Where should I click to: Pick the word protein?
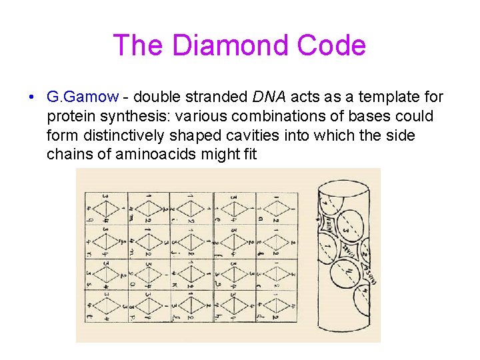click(x=72, y=117)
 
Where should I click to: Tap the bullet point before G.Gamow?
click(x=32, y=98)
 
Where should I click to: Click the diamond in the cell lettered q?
click(x=105, y=209)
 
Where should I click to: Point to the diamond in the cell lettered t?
click(x=105, y=303)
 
